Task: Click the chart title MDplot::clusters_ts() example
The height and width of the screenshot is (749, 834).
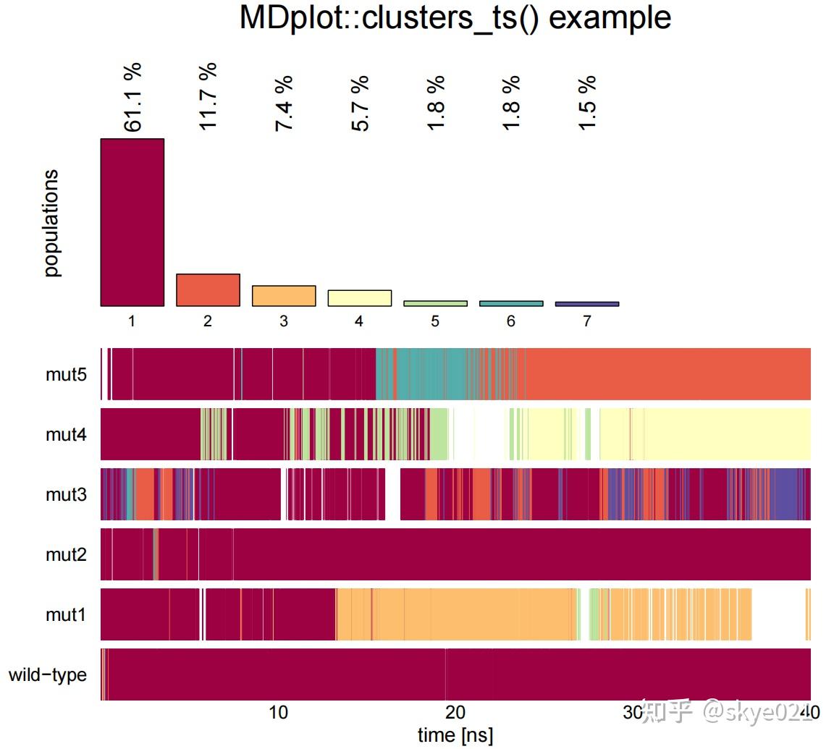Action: (x=455, y=18)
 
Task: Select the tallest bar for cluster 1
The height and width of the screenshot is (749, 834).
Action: (x=132, y=222)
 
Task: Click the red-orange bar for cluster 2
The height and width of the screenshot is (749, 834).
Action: (x=208, y=290)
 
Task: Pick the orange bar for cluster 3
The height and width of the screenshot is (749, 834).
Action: (x=284, y=296)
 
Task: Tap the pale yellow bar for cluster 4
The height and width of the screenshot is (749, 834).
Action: (x=359, y=298)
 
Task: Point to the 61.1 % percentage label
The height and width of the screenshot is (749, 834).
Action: (x=133, y=98)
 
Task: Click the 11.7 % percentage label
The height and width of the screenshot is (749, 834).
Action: (x=208, y=96)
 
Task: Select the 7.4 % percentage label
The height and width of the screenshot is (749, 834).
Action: (x=284, y=103)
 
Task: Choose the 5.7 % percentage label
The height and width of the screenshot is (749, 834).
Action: (x=360, y=103)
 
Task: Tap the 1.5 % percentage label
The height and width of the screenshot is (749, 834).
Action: (x=587, y=103)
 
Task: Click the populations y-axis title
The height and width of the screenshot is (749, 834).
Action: (x=51, y=224)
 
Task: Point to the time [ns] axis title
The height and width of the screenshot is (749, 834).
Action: (x=455, y=735)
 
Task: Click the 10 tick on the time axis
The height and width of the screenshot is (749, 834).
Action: (x=278, y=713)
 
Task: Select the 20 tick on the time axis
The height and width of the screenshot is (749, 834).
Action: (x=455, y=713)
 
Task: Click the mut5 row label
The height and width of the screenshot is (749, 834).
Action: (x=66, y=374)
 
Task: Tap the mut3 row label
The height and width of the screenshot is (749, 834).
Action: (x=66, y=495)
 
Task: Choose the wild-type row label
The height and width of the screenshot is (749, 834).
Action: (x=48, y=675)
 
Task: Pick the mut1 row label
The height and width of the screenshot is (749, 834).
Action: (x=66, y=615)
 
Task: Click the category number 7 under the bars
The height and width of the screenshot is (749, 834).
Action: (x=587, y=321)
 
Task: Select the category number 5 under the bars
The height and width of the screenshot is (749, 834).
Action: (x=435, y=321)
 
